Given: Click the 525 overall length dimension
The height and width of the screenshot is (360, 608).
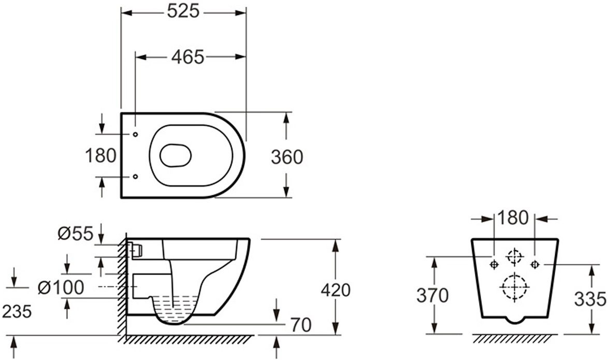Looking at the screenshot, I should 183,11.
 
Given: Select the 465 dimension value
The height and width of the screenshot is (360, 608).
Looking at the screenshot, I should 187,57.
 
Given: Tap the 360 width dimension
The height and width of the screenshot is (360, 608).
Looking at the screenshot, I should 286,157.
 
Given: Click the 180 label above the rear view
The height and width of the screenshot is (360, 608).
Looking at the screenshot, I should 513,218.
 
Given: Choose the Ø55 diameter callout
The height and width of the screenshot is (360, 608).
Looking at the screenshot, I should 75,234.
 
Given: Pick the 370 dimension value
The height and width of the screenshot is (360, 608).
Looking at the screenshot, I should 433,296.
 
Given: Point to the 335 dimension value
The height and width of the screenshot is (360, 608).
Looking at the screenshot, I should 590,298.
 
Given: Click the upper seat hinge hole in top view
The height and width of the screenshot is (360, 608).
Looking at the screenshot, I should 136,135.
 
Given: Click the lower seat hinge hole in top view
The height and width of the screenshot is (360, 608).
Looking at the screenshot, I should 136,177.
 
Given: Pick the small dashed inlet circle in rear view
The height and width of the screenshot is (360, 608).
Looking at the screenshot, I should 514,256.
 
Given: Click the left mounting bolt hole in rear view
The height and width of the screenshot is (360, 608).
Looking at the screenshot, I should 494,264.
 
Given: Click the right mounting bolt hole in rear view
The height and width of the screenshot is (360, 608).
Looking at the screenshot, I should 534,264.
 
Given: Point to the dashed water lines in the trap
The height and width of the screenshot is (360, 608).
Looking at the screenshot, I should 174,306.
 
